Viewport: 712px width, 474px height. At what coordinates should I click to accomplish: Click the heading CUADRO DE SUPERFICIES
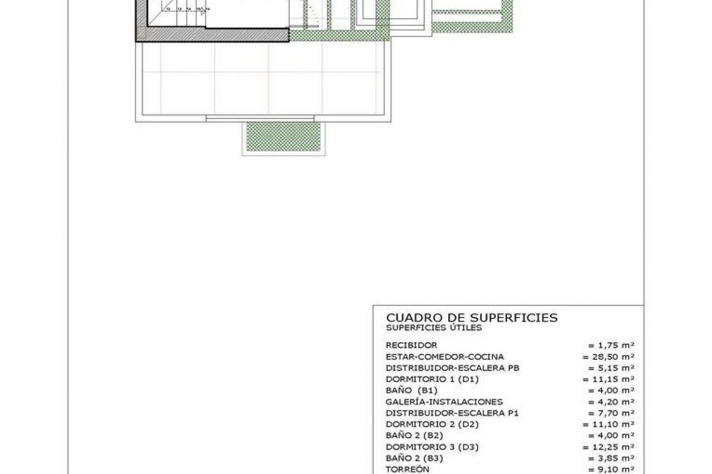(472, 318)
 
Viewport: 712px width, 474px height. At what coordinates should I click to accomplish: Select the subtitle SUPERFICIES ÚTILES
(434, 328)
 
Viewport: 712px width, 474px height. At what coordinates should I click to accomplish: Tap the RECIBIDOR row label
(411, 345)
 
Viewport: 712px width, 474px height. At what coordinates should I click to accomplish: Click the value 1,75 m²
(611, 346)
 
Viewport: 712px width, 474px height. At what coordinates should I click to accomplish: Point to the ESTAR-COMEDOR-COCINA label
(445, 357)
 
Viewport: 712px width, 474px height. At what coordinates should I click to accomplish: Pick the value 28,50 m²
(608, 357)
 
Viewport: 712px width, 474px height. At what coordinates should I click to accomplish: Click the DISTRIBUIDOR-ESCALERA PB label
(452, 368)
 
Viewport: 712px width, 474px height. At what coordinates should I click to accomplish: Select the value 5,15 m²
(611, 368)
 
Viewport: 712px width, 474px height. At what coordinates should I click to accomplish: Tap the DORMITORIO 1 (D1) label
(432, 379)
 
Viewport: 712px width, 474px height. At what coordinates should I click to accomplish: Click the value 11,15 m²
(608, 379)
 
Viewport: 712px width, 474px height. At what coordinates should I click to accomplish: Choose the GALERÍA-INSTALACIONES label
(444, 402)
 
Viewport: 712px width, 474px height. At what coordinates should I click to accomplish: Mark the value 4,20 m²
(611, 402)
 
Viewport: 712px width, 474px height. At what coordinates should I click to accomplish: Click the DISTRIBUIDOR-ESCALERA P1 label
(452, 413)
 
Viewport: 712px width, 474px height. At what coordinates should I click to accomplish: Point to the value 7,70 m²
(611, 413)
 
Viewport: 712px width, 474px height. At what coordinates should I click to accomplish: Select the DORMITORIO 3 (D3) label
(432, 447)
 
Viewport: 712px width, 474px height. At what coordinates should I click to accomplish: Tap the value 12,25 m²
(608, 447)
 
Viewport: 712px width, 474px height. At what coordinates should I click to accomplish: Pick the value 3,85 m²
(611, 458)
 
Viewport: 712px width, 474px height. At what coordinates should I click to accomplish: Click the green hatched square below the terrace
(283, 136)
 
